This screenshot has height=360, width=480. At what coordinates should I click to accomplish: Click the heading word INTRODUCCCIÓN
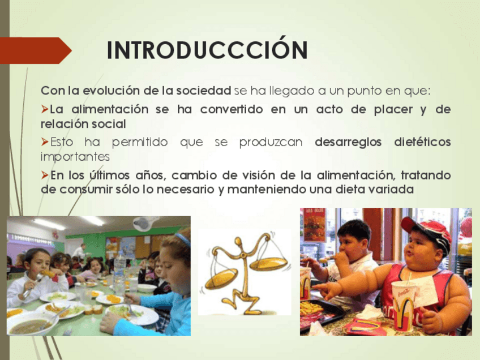tap(207, 49)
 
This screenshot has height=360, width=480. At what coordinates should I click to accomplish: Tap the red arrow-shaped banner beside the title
tap(35, 50)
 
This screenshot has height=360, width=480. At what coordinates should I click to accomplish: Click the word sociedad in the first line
tap(204, 91)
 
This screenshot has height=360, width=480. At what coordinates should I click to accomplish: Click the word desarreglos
tap(348, 142)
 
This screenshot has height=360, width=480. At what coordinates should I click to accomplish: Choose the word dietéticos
tap(422, 142)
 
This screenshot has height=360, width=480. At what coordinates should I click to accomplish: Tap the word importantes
tap(75, 157)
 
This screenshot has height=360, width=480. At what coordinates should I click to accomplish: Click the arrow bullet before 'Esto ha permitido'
tap(45, 142)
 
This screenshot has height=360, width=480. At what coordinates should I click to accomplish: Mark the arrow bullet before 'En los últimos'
tap(45, 175)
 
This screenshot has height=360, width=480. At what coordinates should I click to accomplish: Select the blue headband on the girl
tap(183, 239)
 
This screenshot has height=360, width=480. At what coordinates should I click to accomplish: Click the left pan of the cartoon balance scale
tap(221, 278)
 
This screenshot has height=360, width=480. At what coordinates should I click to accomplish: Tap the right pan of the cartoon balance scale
tap(269, 264)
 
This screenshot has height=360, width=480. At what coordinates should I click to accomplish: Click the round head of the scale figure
tap(238, 242)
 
